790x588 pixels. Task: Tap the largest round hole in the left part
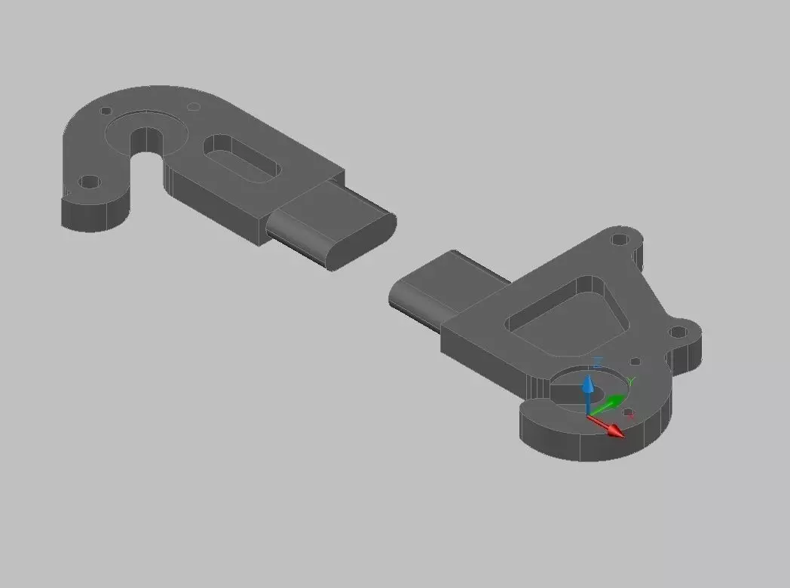(x=90, y=182)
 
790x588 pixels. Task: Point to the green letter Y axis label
(x=632, y=381)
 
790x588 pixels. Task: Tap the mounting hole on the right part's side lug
(x=678, y=331)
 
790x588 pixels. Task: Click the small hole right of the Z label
(x=635, y=362)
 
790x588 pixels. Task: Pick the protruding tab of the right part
(x=430, y=290)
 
